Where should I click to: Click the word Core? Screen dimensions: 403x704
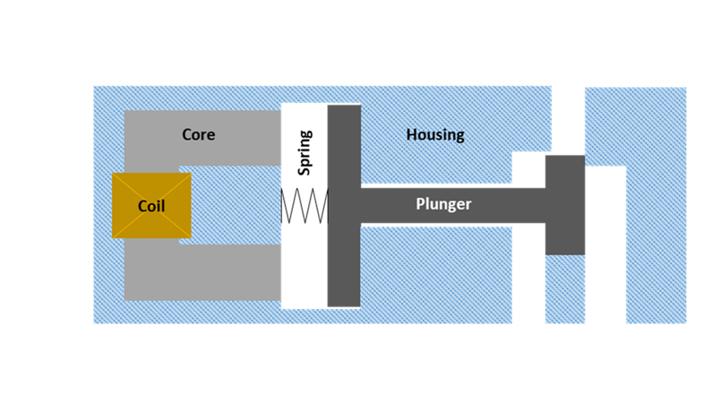click(198, 135)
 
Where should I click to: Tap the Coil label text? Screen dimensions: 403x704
click(151, 206)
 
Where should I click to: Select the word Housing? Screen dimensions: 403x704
click(435, 135)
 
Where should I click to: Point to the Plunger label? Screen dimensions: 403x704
click(443, 204)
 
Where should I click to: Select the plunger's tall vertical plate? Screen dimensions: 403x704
click(342, 152)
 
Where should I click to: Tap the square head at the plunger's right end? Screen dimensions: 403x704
click(564, 203)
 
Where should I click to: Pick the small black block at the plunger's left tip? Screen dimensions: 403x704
click(304, 205)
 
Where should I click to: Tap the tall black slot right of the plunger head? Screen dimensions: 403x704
click(605, 246)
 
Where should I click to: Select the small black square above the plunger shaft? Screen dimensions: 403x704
click(528, 169)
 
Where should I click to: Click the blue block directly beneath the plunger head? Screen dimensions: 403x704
click(564, 289)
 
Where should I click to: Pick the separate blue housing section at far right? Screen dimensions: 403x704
click(657, 206)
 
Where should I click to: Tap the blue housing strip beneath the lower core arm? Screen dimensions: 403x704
click(206, 313)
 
